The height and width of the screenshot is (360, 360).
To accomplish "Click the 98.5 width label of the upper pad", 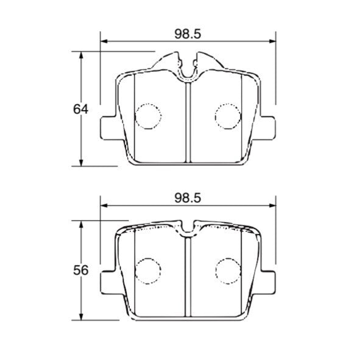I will tap(188, 34).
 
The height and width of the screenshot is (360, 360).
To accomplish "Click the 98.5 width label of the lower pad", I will tap(188, 197).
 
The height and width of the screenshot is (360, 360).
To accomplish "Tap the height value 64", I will tap(81, 110).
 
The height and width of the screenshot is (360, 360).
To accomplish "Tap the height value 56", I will tap(81, 270).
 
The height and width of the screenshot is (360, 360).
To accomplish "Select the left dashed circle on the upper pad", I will tap(147, 116).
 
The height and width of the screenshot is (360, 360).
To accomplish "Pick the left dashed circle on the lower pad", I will tap(147, 270).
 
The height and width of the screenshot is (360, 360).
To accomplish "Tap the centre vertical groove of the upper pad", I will tap(188, 122).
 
